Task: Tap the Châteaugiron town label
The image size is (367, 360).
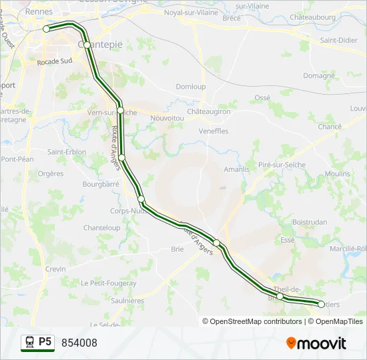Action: [x=208, y=111]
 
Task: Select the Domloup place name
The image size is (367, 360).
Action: [x=190, y=87]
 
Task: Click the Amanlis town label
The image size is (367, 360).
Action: [x=236, y=169]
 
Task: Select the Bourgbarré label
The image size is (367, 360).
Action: [x=99, y=184]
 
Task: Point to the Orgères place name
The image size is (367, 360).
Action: [x=51, y=174]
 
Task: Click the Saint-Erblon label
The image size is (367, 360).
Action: [x=67, y=152]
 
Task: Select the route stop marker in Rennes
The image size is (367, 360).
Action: [x=47, y=29]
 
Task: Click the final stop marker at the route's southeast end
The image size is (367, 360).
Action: [x=321, y=304]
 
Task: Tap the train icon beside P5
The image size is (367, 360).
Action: [x=29, y=343]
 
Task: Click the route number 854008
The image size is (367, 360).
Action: [x=79, y=343]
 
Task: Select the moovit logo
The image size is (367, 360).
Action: [x=316, y=343]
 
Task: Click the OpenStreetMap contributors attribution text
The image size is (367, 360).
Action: [x=256, y=321]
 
